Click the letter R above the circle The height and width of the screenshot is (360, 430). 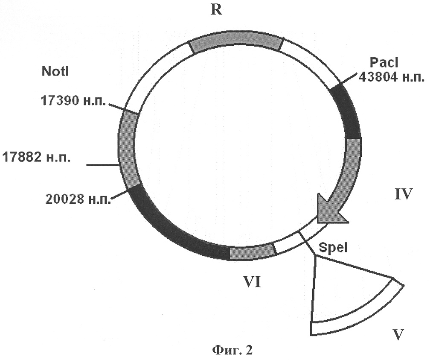216,10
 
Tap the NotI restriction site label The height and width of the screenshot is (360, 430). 55,71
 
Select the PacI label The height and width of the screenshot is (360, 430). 384,63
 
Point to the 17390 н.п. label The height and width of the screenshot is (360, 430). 73,100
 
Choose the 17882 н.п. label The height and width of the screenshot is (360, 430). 37,157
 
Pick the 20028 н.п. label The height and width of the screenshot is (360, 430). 78,199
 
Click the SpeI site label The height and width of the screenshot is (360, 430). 333,248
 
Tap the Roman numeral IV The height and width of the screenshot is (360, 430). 404,194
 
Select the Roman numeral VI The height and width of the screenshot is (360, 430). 252,282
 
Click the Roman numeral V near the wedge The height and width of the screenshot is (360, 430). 398,335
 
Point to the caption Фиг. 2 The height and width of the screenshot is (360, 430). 232,350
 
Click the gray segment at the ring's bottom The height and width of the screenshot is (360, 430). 252,252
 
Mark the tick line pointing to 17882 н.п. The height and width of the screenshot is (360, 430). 102,165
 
